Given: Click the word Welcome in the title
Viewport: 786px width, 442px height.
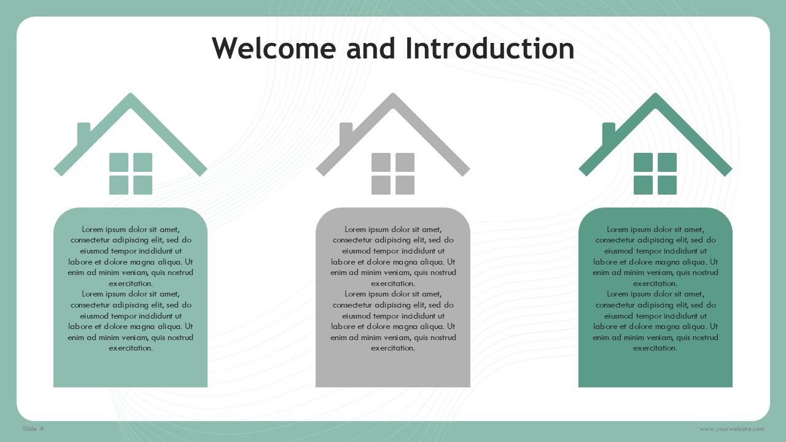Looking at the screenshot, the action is [x=274, y=48].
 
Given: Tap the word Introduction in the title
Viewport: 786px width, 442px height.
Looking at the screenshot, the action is [x=490, y=48].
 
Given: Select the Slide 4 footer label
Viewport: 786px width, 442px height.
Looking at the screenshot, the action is [x=33, y=428].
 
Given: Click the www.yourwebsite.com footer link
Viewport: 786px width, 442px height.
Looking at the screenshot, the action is [x=731, y=429].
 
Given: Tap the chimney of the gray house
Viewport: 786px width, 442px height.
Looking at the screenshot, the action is [x=345, y=133].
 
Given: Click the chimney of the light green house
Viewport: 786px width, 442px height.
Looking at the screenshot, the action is [x=83, y=133].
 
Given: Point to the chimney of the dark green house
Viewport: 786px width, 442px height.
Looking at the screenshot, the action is [x=608, y=133].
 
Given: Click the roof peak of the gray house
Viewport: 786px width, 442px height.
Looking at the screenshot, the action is [x=393, y=93].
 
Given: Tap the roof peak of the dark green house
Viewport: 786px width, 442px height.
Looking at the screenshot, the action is [x=655, y=93].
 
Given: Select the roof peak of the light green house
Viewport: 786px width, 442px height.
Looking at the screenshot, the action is [x=131, y=93].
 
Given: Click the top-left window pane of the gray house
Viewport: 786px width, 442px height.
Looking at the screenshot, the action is [x=381, y=162].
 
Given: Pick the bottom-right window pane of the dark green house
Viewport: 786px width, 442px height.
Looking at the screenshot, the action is [x=667, y=185].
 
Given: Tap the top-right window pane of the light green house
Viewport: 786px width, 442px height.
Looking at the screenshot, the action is [x=143, y=162].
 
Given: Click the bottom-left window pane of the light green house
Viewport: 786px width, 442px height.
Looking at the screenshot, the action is [x=119, y=185].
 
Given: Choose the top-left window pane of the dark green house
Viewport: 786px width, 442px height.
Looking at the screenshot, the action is [x=643, y=162].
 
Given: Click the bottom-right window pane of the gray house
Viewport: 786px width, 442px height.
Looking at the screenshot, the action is [x=405, y=185].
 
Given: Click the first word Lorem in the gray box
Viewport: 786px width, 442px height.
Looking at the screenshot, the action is [x=356, y=230].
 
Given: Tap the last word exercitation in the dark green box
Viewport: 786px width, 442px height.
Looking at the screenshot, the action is [x=655, y=348].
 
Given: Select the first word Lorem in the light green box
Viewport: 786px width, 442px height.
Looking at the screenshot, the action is [x=93, y=230].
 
